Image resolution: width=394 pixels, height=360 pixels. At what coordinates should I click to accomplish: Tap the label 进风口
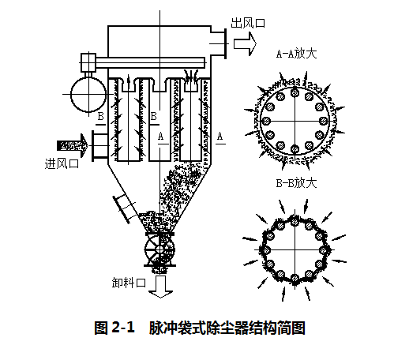62,163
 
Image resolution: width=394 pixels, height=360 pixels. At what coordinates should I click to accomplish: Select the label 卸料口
129,283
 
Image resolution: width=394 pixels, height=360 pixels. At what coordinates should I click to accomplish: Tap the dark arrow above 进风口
71,144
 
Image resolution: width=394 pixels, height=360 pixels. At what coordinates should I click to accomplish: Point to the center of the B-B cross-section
295,247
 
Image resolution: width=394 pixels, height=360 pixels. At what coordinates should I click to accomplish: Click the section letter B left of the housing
100,117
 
